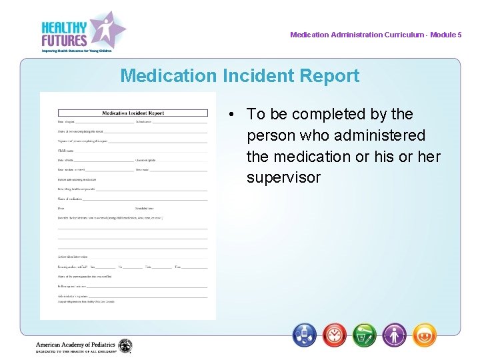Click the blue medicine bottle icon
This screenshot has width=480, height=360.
click(305, 335)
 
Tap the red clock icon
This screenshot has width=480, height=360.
click(335, 335)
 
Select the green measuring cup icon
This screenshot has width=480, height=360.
click(365, 335)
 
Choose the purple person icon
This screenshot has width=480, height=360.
click(395, 335)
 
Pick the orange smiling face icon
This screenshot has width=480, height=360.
click(425, 335)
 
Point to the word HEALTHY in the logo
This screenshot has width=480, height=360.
click(64, 27)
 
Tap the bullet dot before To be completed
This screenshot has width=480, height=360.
click(229, 115)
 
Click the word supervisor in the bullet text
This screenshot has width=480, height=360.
click(283, 178)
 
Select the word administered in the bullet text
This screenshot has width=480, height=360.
click(383, 135)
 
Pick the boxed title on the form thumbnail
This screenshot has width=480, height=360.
click(132, 113)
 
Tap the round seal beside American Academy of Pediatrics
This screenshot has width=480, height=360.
click(125, 346)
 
